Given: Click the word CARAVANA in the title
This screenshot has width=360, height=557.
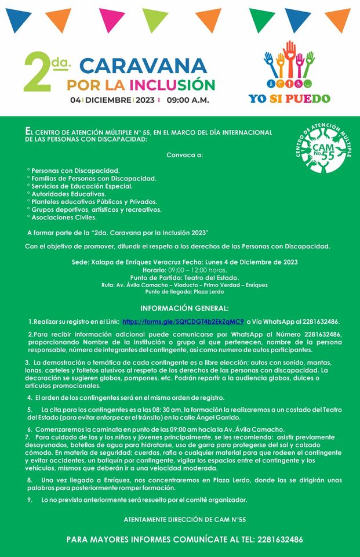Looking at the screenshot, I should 142,66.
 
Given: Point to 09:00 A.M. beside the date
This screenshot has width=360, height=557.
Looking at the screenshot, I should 188,100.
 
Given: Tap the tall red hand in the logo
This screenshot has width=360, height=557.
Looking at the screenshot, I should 290,56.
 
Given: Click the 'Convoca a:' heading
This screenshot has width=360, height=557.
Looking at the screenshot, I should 185,155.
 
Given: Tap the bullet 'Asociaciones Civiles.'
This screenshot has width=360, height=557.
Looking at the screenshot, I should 64,218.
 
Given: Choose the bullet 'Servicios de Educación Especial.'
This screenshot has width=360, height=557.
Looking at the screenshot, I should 82,186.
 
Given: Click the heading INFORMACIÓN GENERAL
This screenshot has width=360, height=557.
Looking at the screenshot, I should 184,308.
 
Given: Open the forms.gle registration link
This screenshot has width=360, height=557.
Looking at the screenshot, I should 183,321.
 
